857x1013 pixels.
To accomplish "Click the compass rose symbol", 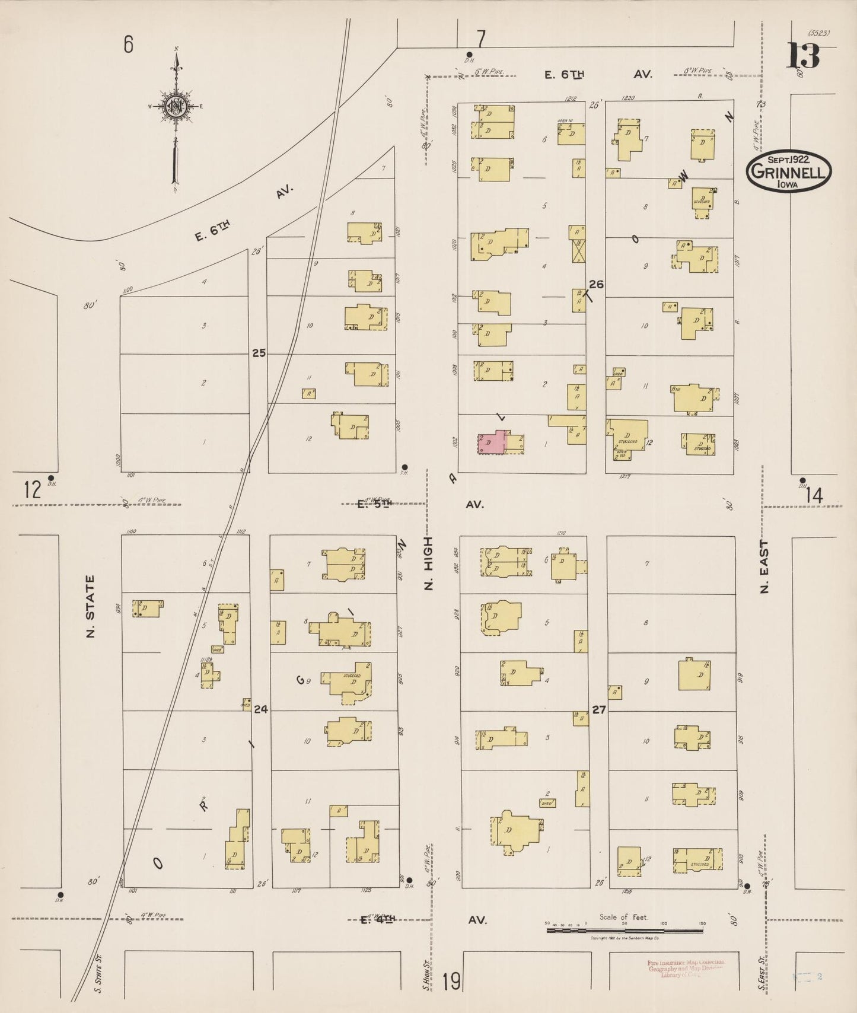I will click(x=176, y=107).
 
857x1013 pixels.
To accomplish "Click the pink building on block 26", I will click(x=492, y=442).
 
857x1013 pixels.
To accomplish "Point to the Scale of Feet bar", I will click(x=624, y=930).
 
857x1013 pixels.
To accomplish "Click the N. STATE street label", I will click(x=91, y=606).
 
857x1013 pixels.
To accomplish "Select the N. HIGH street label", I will click(x=429, y=563).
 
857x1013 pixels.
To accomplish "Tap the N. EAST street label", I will click(x=764, y=566).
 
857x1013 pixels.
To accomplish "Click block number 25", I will click(x=259, y=353).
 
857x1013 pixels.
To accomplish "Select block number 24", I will click(x=260, y=709).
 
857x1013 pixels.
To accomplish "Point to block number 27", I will click(x=599, y=709).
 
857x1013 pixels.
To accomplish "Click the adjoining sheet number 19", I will click(x=451, y=982).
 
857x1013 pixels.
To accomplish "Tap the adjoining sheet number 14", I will click(x=814, y=496).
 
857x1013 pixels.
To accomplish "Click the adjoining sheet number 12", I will click(x=33, y=490).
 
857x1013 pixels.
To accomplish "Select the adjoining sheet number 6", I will click(x=128, y=44).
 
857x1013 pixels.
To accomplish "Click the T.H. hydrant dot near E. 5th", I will click(x=404, y=467).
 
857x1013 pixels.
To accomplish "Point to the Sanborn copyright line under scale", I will click(x=625, y=938).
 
